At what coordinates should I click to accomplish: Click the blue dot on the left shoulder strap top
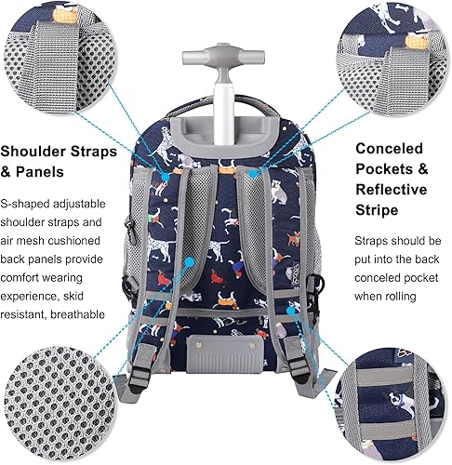pos(193,174)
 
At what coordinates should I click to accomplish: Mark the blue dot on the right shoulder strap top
pos(252,174)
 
